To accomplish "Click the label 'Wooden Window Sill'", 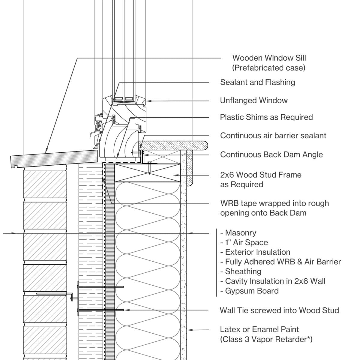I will click(x=269, y=58).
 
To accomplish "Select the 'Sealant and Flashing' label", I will click(x=257, y=82).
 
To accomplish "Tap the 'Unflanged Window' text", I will click(x=253, y=100).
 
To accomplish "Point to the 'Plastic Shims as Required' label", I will click(x=266, y=117).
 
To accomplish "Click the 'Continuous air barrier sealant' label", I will click(x=273, y=136).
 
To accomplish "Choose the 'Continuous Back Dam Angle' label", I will click(x=271, y=154).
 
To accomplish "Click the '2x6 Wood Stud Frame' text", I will click(x=260, y=175).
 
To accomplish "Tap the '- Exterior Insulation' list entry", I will click(x=255, y=252).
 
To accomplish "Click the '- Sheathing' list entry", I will click(x=241, y=271).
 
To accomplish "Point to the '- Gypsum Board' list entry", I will click(x=249, y=291).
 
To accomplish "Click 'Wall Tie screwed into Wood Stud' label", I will click(x=279, y=310).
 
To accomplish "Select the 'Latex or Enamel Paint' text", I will click(x=259, y=329).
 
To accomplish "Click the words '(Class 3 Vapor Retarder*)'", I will click(x=266, y=339).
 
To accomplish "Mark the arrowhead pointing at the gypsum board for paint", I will click(x=190, y=330).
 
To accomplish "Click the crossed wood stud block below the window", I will click(x=148, y=173).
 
